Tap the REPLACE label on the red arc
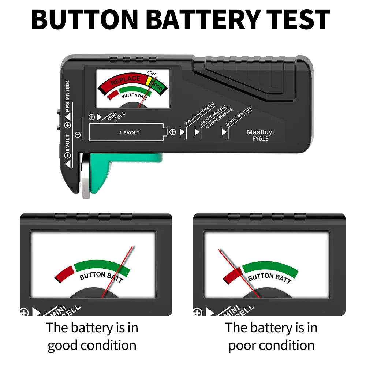click(x=126, y=79)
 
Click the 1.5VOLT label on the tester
click(x=129, y=132)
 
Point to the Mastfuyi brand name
click(x=260, y=132)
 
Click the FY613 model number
click(x=260, y=139)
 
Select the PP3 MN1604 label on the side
click(x=67, y=96)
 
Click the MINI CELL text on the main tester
click(x=116, y=116)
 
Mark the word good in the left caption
click(x=64, y=345)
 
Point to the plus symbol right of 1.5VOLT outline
click(x=172, y=132)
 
